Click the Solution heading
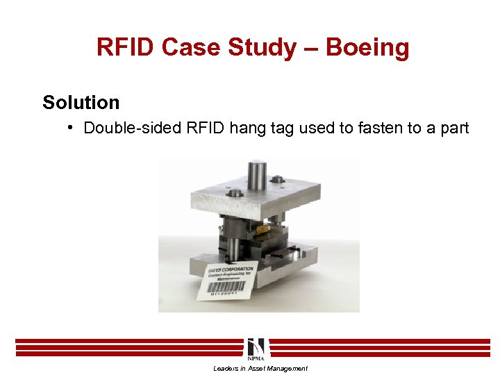tap(81, 103)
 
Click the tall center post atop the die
tap(258, 176)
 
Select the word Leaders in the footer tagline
tap(224, 369)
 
